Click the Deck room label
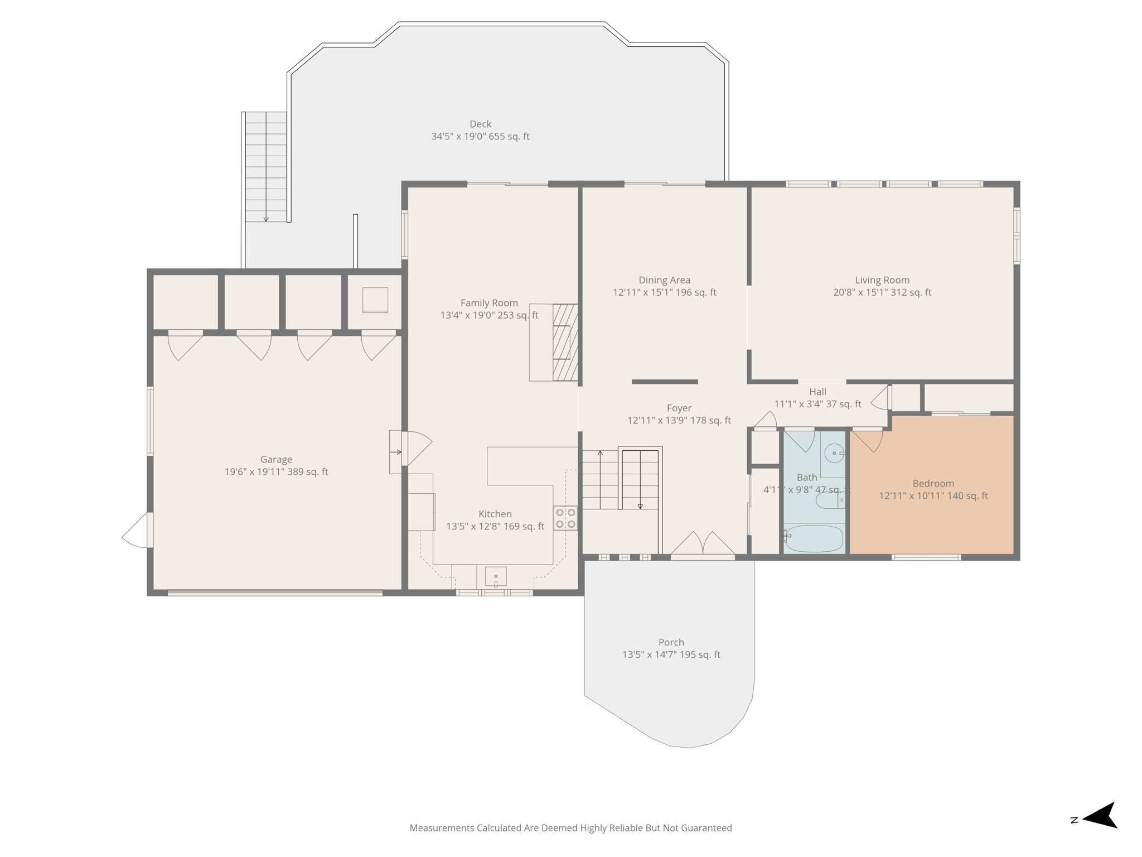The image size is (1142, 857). [x=480, y=124]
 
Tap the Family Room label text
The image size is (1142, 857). [x=489, y=303]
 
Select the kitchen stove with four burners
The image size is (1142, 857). [x=565, y=518]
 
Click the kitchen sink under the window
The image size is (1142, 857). [x=495, y=576]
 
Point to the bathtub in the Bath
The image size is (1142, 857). [x=814, y=538]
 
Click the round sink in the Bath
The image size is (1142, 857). [x=834, y=453]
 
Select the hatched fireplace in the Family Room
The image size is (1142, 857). [x=565, y=342]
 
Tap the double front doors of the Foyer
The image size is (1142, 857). [x=703, y=545]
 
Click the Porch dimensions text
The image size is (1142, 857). [x=671, y=654]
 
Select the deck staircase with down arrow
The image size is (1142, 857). [x=266, y=167]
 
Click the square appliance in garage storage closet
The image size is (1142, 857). [x=375, y=300]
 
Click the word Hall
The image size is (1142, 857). [x=817, y=392]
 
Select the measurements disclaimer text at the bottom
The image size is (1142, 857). [x=570, y=828]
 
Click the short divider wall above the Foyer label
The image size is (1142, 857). [x=665, y=382]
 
